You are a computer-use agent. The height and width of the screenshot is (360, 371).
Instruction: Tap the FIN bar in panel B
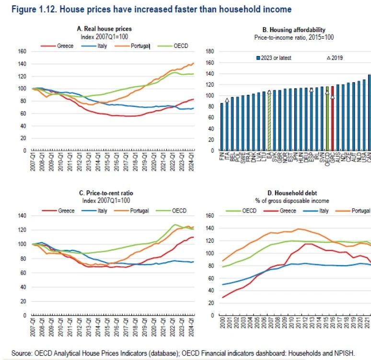pos(222,127)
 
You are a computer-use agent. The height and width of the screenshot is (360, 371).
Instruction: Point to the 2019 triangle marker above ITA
pos(227,100)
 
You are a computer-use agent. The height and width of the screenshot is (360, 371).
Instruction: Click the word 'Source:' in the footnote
pos(23,353)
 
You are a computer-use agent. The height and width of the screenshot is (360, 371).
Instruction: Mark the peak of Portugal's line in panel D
pos(300,229)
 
